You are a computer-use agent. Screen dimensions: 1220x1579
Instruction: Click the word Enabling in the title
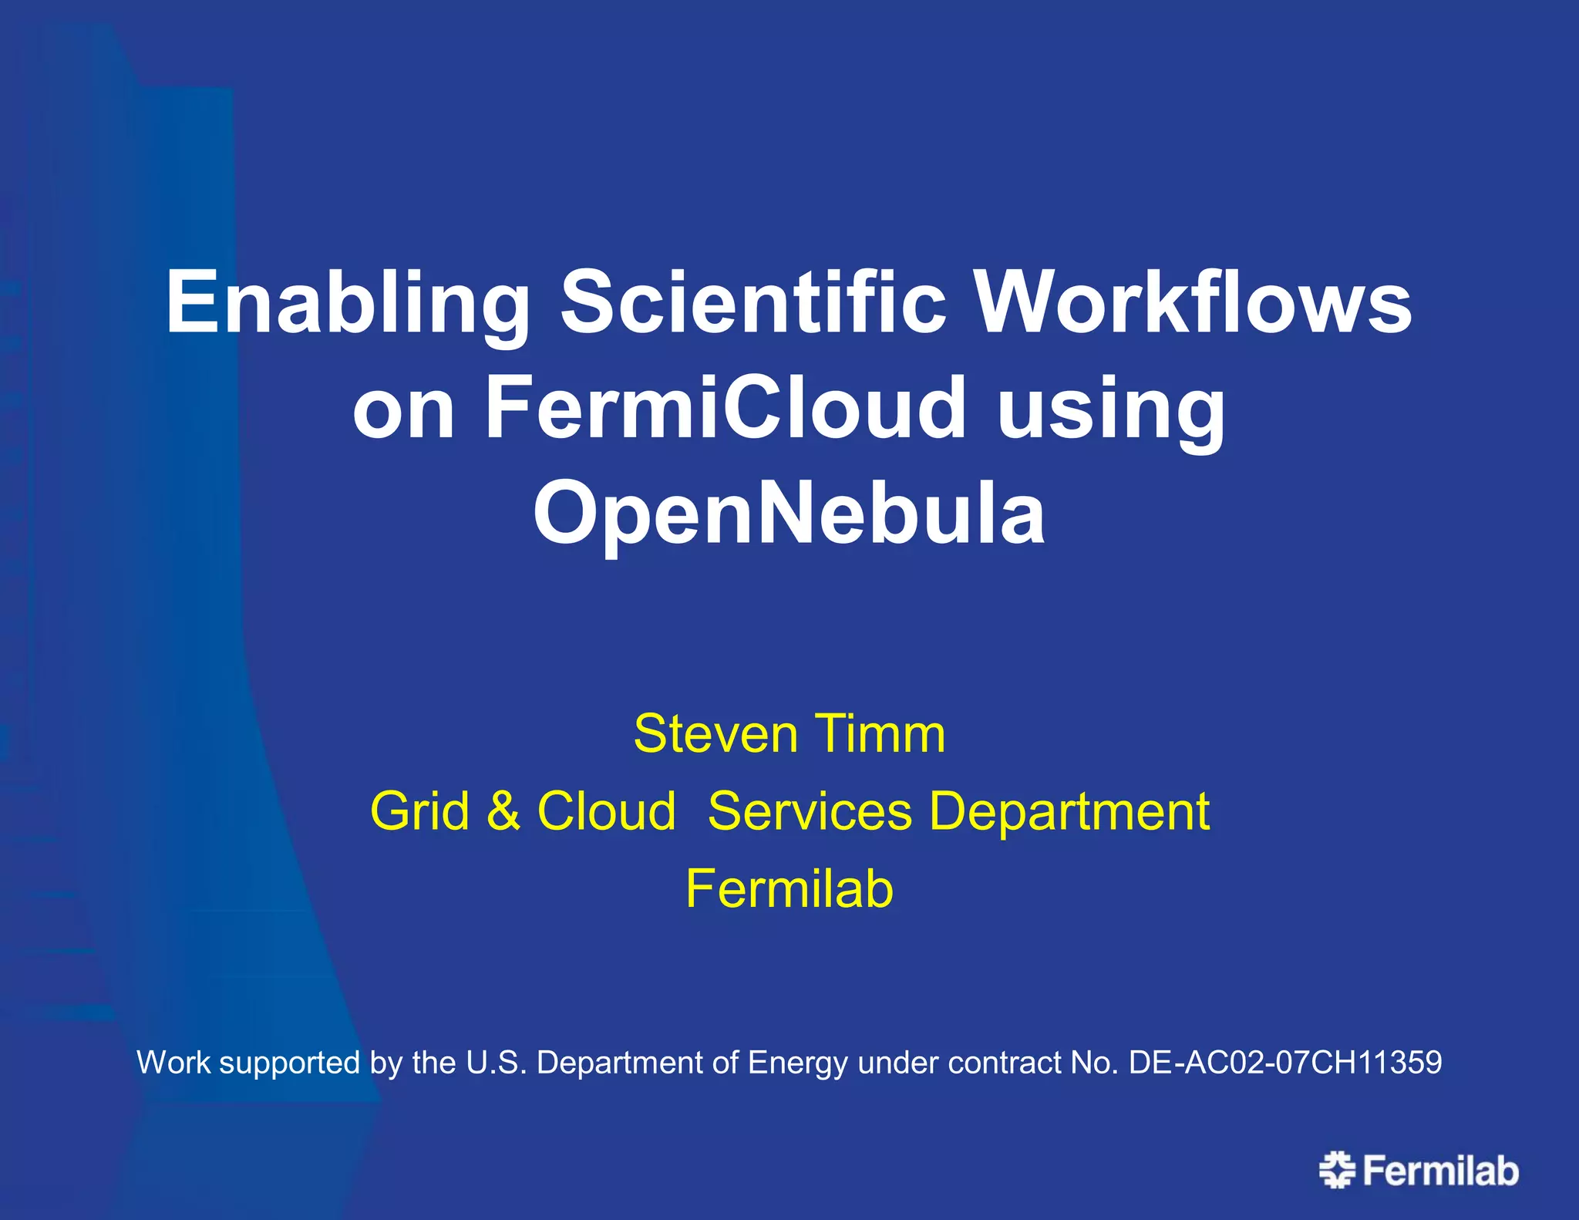point(347,303)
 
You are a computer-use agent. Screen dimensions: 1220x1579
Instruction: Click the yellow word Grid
point(419,811)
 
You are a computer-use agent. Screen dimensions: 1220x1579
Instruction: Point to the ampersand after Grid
point(503,811)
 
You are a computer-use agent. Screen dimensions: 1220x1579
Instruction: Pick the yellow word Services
point(810,811)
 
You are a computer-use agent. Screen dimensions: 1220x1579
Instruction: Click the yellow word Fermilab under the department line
point(789,888)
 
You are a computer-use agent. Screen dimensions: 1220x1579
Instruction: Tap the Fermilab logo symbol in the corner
point(1337,1170)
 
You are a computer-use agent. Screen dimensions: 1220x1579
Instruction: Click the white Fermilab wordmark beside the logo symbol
point(1440,1171)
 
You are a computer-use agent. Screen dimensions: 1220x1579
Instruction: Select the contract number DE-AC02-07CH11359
point(1284,1063)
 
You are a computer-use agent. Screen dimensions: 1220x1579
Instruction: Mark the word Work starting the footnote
point(173,1063)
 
